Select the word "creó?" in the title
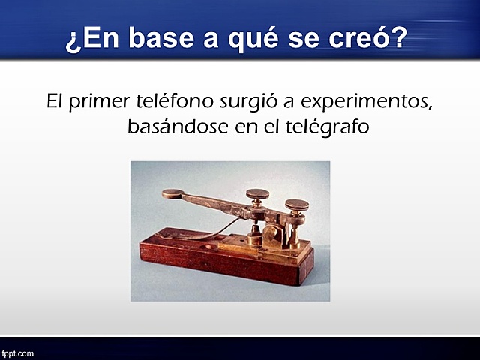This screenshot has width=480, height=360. coord(370,38)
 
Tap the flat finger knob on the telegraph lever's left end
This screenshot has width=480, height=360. coord(174,193)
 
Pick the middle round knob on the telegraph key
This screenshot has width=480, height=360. coord(259,193)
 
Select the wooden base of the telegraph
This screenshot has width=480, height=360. coord(225,259)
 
